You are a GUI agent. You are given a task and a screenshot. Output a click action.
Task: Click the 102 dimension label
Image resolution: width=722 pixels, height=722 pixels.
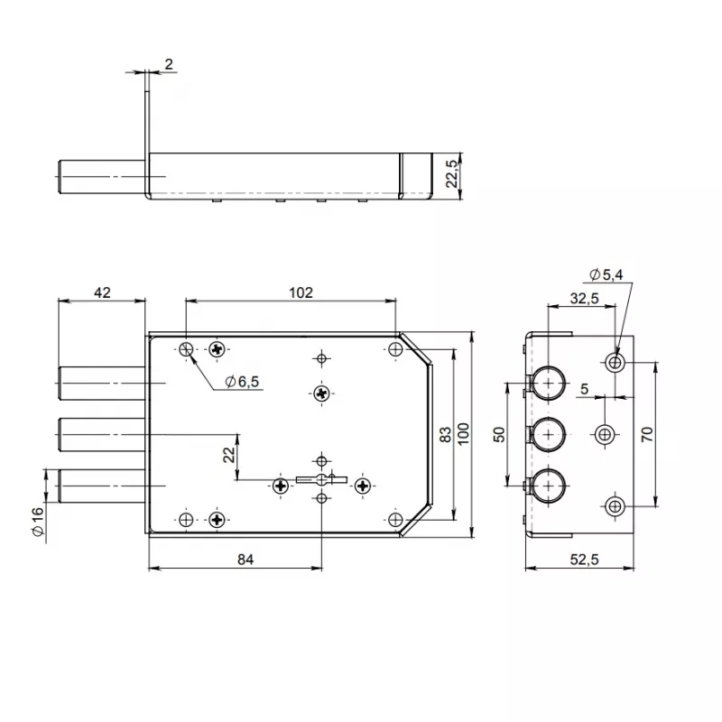click(x=301, y=292)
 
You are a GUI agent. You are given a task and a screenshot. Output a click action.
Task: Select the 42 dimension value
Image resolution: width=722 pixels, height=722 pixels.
click(x=102, y=292)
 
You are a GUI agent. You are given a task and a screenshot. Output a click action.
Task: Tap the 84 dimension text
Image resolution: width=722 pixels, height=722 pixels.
click(x=245, y=560)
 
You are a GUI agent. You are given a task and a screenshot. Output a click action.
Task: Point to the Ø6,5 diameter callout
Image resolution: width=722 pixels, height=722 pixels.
click(x=242, y=382)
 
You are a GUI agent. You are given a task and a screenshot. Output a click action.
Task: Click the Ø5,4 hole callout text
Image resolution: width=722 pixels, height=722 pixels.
click(x=606, y=275)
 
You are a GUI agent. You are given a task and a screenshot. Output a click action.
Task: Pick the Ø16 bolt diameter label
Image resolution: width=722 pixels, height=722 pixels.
click(x=38, y=522)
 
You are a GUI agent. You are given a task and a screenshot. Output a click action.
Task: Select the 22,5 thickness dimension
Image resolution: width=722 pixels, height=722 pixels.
click(x=452, y=174)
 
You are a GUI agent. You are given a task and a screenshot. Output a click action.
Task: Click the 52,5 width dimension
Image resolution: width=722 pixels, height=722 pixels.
click(x=584, y=560)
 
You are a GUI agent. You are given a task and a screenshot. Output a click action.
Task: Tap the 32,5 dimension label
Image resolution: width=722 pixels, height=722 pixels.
click(x=584, y=299)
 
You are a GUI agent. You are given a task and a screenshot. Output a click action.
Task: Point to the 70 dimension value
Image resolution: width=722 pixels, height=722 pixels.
click(x=647, y=434)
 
